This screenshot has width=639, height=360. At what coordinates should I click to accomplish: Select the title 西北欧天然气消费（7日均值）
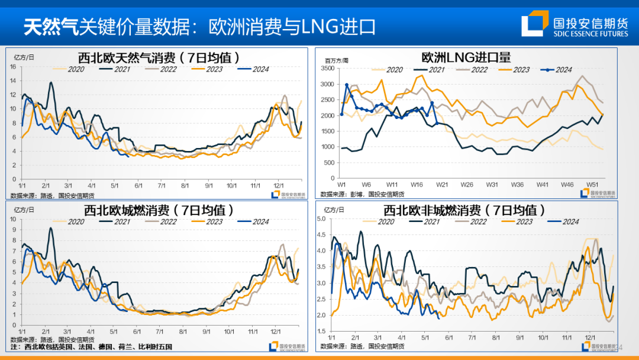click(x=159, y=57)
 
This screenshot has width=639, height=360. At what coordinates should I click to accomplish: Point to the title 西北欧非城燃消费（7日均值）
click(x=464, y=210)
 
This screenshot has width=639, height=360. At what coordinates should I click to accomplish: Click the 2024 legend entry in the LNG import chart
click(x=556, y=70)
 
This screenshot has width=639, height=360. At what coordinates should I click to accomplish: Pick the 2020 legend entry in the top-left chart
click(x=71, y=69)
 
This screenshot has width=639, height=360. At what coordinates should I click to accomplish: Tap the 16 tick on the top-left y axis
click(x=13, y=66)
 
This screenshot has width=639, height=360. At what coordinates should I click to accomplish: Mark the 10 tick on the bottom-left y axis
click(x=13, y=219)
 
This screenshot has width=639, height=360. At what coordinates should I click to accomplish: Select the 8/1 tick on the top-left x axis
click(x=185, y=185)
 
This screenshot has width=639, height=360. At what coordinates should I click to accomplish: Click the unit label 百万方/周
click(x=337, y=60)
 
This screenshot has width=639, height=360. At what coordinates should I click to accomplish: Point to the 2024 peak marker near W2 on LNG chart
click(x=347, y=85)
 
